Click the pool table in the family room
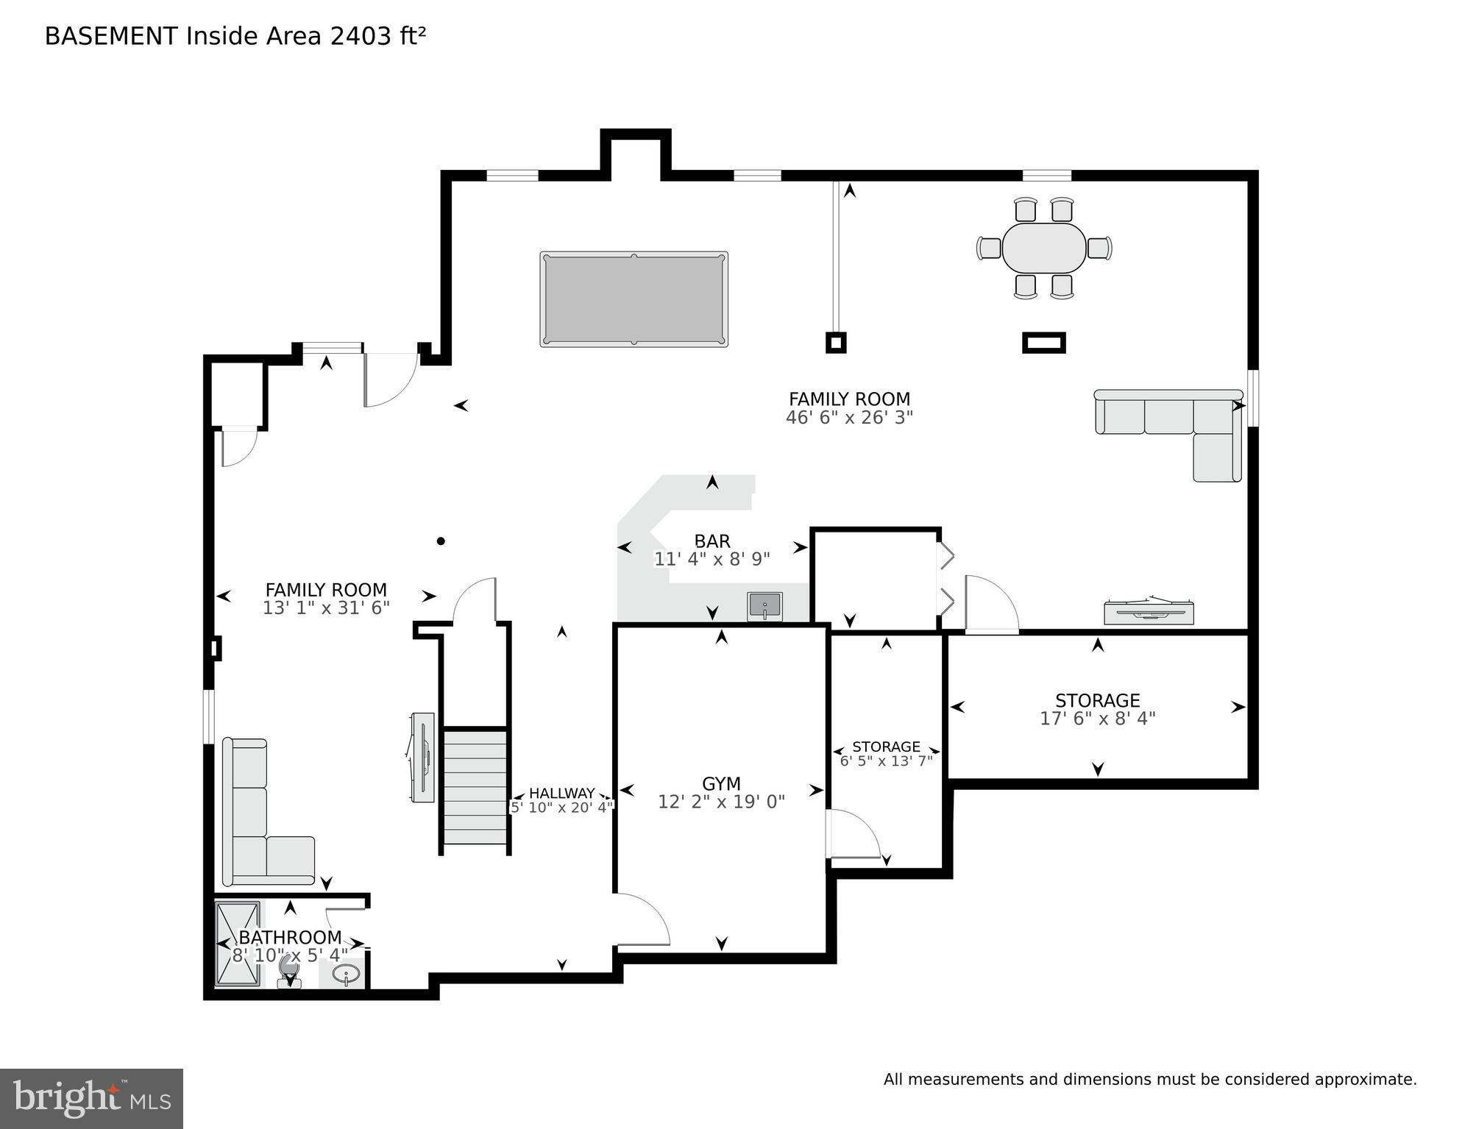(x=634, y=299)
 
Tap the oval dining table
(x=1043, y=248)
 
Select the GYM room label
(x=720, y=783)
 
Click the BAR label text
(x=712, y=541)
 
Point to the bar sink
(x=764, y=606)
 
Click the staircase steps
(x=475, y=786)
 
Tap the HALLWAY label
(x=561, y=793)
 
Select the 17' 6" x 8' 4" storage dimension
(x=1097, y=719)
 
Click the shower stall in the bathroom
(x=238, y=943)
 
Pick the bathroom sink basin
(x=345, y=975)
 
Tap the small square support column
(x=835, y=342)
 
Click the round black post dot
(x=441, y=541)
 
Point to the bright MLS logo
(x=91, y=1098)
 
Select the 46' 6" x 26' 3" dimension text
(x=849, y=418)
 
